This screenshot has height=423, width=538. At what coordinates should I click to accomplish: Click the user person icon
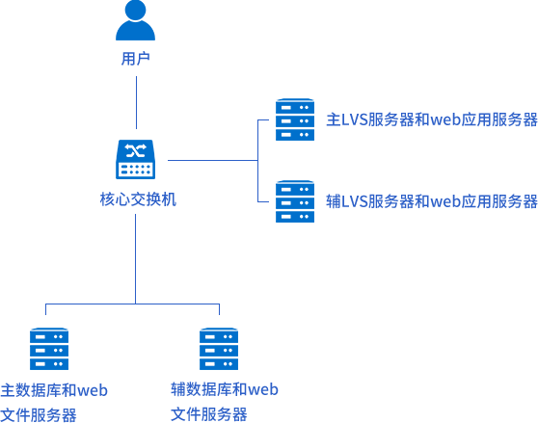(x=135, y=20)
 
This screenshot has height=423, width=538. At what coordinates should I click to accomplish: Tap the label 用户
(x=136, y=59)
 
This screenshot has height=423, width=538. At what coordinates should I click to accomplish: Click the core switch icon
(x=136, y=159)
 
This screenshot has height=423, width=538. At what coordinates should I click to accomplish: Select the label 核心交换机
(x=138, y=199)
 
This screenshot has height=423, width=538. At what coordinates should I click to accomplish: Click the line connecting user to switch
(x=136, y=102)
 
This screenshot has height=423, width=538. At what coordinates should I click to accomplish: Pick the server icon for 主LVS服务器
(x=295, y=119)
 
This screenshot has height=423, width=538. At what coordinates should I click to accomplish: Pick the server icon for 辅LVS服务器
(x=295, y=201)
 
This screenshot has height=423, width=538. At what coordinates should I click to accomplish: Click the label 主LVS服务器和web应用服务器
(x=432, y=119)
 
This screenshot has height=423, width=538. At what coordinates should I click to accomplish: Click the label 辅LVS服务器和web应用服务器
(x=432, y=201)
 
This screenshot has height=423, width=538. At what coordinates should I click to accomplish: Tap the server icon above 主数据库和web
(x=49, y=349)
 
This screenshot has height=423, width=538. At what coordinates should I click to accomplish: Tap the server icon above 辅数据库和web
(x=219, y=349)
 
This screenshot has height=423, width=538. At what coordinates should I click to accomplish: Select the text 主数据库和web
(x=54, y=390)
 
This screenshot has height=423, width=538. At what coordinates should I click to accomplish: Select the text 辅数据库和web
(x=225, y=389)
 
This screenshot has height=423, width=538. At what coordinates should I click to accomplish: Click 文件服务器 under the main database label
(x=39, y=415)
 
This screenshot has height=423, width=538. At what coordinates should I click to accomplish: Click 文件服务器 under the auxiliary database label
(x=209, y=414)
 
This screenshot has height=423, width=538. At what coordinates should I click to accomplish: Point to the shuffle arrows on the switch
(x=136, y=150)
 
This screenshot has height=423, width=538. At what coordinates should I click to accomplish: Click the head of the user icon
(x=135, y=10)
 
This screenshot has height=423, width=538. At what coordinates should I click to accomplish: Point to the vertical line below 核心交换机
(x=136, y=259)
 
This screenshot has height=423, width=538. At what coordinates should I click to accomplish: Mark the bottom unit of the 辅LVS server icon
(x=295, y=216)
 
